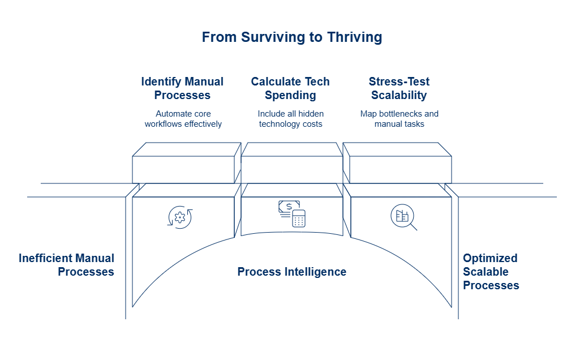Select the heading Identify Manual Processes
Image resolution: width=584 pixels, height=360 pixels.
click(x=182, y=88)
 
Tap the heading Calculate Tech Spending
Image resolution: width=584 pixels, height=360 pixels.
click(x=290, y=88)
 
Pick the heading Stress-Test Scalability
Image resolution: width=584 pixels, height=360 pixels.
click(x=399, y=88)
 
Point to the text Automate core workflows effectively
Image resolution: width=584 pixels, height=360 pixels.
click(x=182, y=119)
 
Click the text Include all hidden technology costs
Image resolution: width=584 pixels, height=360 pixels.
click(x=290, y=119)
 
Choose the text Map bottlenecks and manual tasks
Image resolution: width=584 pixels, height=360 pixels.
click(x=399, y=119)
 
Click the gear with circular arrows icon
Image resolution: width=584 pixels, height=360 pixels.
click(x=181, y=216)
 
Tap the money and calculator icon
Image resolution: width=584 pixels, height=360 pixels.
click(x=292, y=214)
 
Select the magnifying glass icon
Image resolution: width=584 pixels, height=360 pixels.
click(x=403, y=217)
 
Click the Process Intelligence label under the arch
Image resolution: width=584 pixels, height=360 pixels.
click(x=291, y=272)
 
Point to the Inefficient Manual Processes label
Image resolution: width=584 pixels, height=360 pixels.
click(x=67, y=265)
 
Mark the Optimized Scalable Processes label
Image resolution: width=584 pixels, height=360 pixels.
click(x=491, y=272)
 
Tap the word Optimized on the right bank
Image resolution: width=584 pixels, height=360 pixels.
click(x=490, y=258)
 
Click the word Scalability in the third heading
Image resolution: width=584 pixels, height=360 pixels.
click(x=399, y=95)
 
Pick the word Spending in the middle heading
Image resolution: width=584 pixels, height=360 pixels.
click(x=290, y=95)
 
